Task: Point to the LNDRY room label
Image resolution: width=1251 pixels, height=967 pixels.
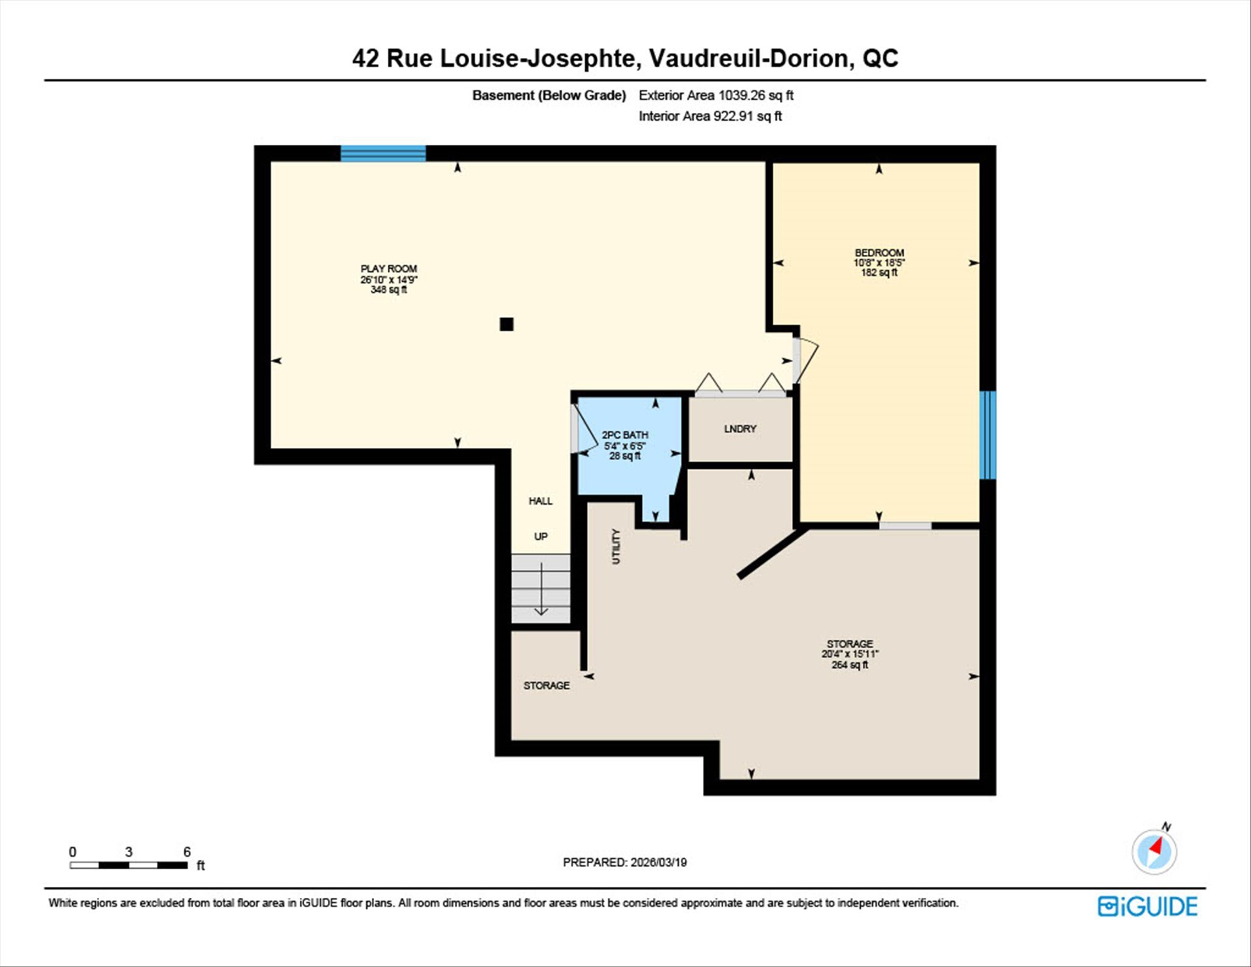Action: click(740, 428)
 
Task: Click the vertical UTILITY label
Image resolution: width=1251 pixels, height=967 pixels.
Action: click(616, 546)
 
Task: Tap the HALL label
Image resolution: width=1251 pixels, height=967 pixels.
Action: click(540, 501)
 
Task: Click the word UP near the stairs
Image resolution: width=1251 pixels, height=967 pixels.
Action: click(541, 537)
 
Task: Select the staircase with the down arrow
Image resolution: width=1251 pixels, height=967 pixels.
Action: click(541, 589)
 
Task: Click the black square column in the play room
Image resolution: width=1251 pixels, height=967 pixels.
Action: click(506, 324)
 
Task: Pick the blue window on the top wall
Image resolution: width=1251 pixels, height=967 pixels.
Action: click(383, 154)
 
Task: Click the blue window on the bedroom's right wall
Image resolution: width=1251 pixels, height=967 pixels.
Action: click(988, 435)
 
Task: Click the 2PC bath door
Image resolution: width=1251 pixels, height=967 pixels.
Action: click(584, 430)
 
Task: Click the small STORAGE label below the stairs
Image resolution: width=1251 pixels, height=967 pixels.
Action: click(547, 685)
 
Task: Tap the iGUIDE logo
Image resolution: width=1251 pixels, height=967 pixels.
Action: click(1147, 906)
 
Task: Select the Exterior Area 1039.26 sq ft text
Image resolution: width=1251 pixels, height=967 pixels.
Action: click(716, 95)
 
